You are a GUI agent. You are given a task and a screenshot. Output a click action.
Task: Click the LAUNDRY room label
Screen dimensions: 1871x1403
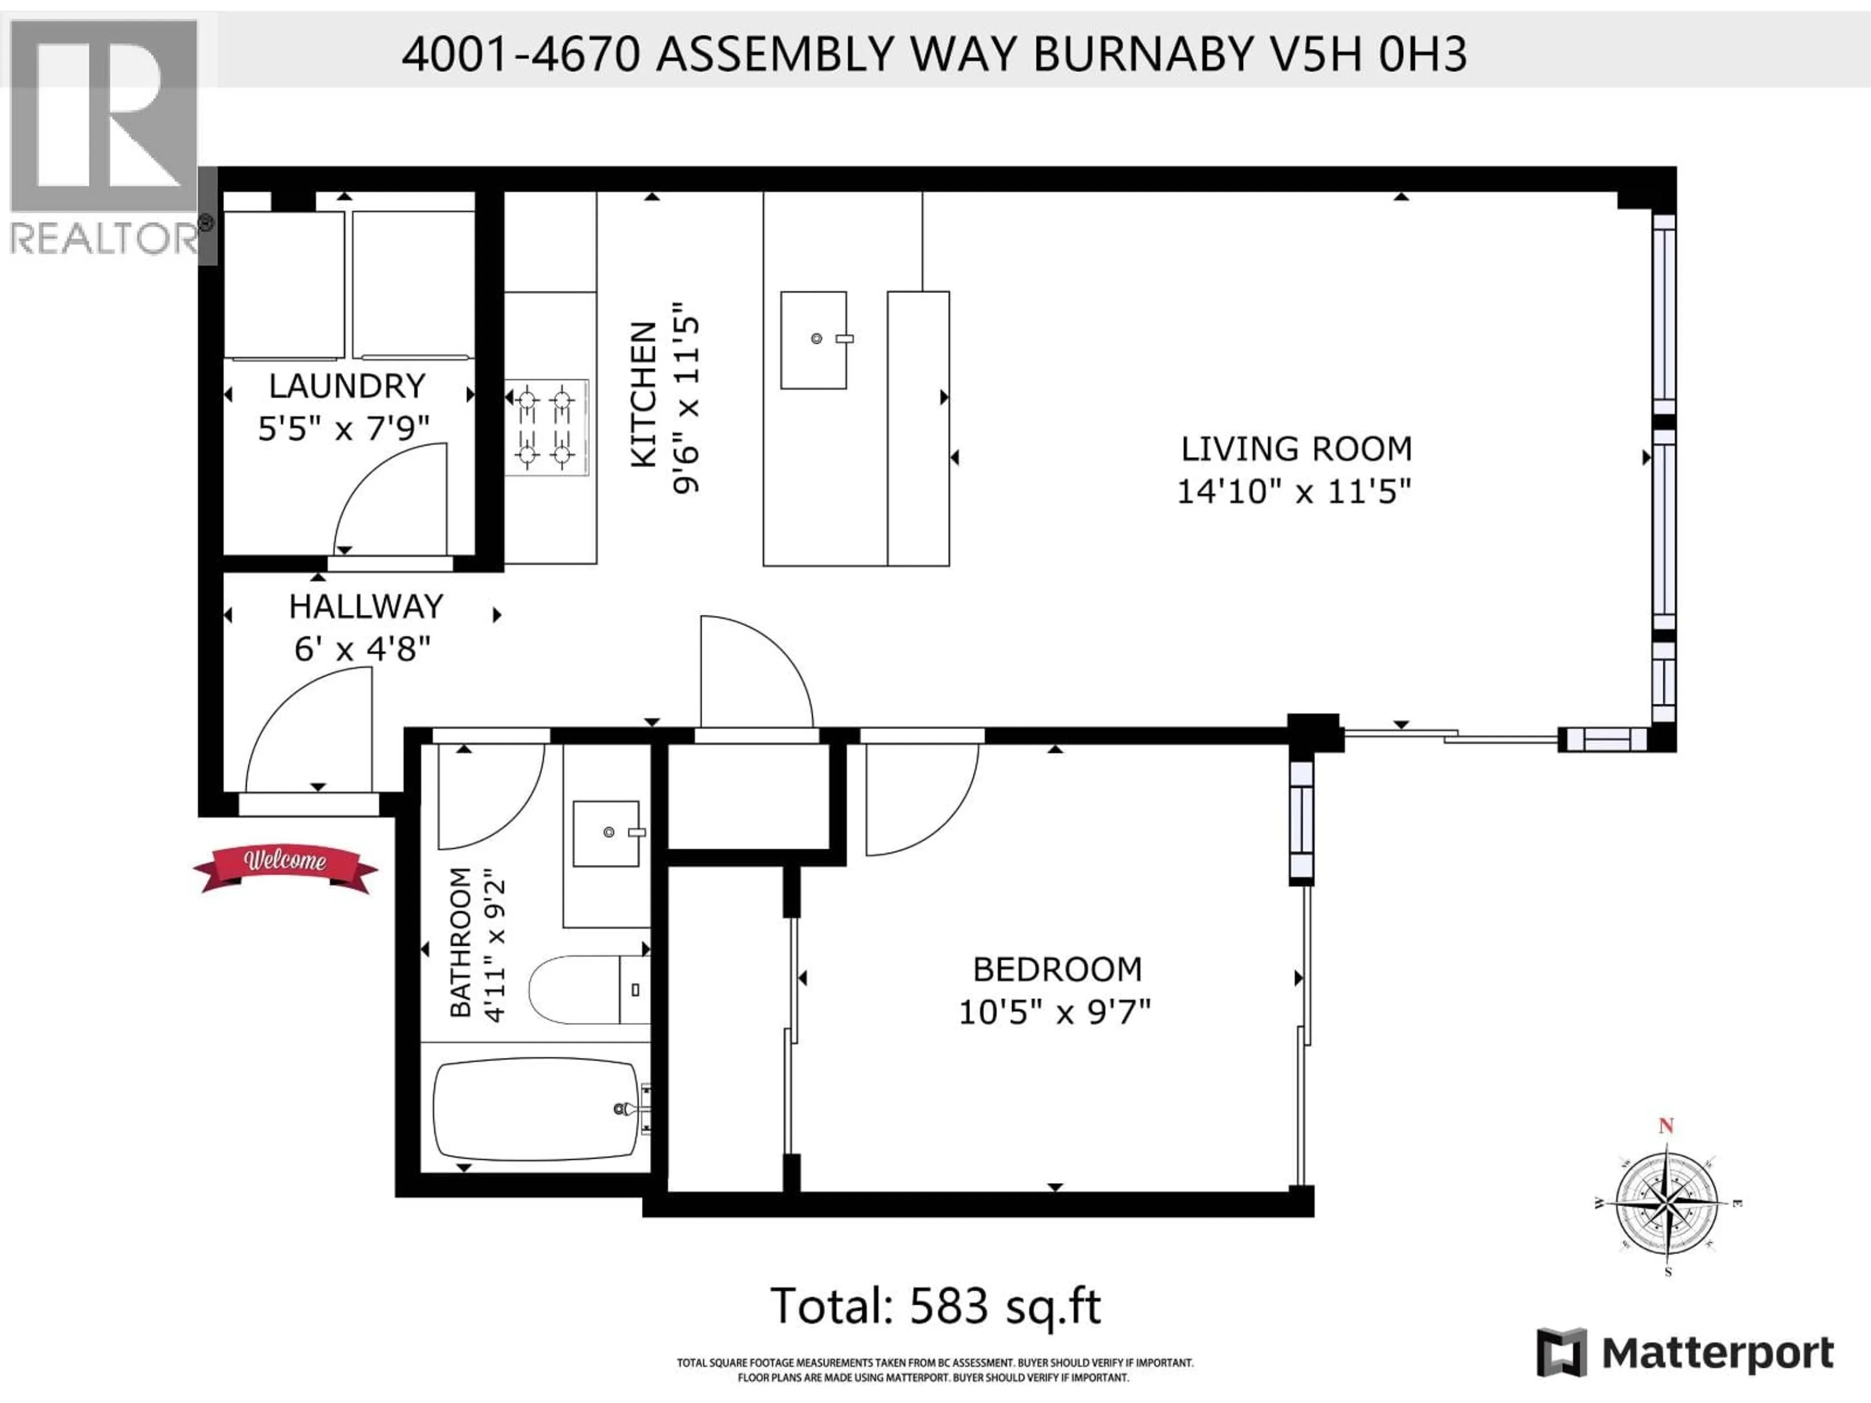[347, 386]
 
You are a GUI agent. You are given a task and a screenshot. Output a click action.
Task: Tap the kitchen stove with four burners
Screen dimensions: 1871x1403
[546, 427]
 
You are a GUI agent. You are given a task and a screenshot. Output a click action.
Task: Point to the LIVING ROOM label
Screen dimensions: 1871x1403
[1296, 448]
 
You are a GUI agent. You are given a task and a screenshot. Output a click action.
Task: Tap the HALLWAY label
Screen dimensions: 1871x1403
[365, 607]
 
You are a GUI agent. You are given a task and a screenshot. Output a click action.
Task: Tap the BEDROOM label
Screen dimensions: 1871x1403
[1057, 969]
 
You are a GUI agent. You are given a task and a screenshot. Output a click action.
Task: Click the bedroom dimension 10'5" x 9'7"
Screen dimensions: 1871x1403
[1055, 1012]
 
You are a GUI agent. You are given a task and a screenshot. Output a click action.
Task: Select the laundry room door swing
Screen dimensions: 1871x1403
[390, 499]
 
